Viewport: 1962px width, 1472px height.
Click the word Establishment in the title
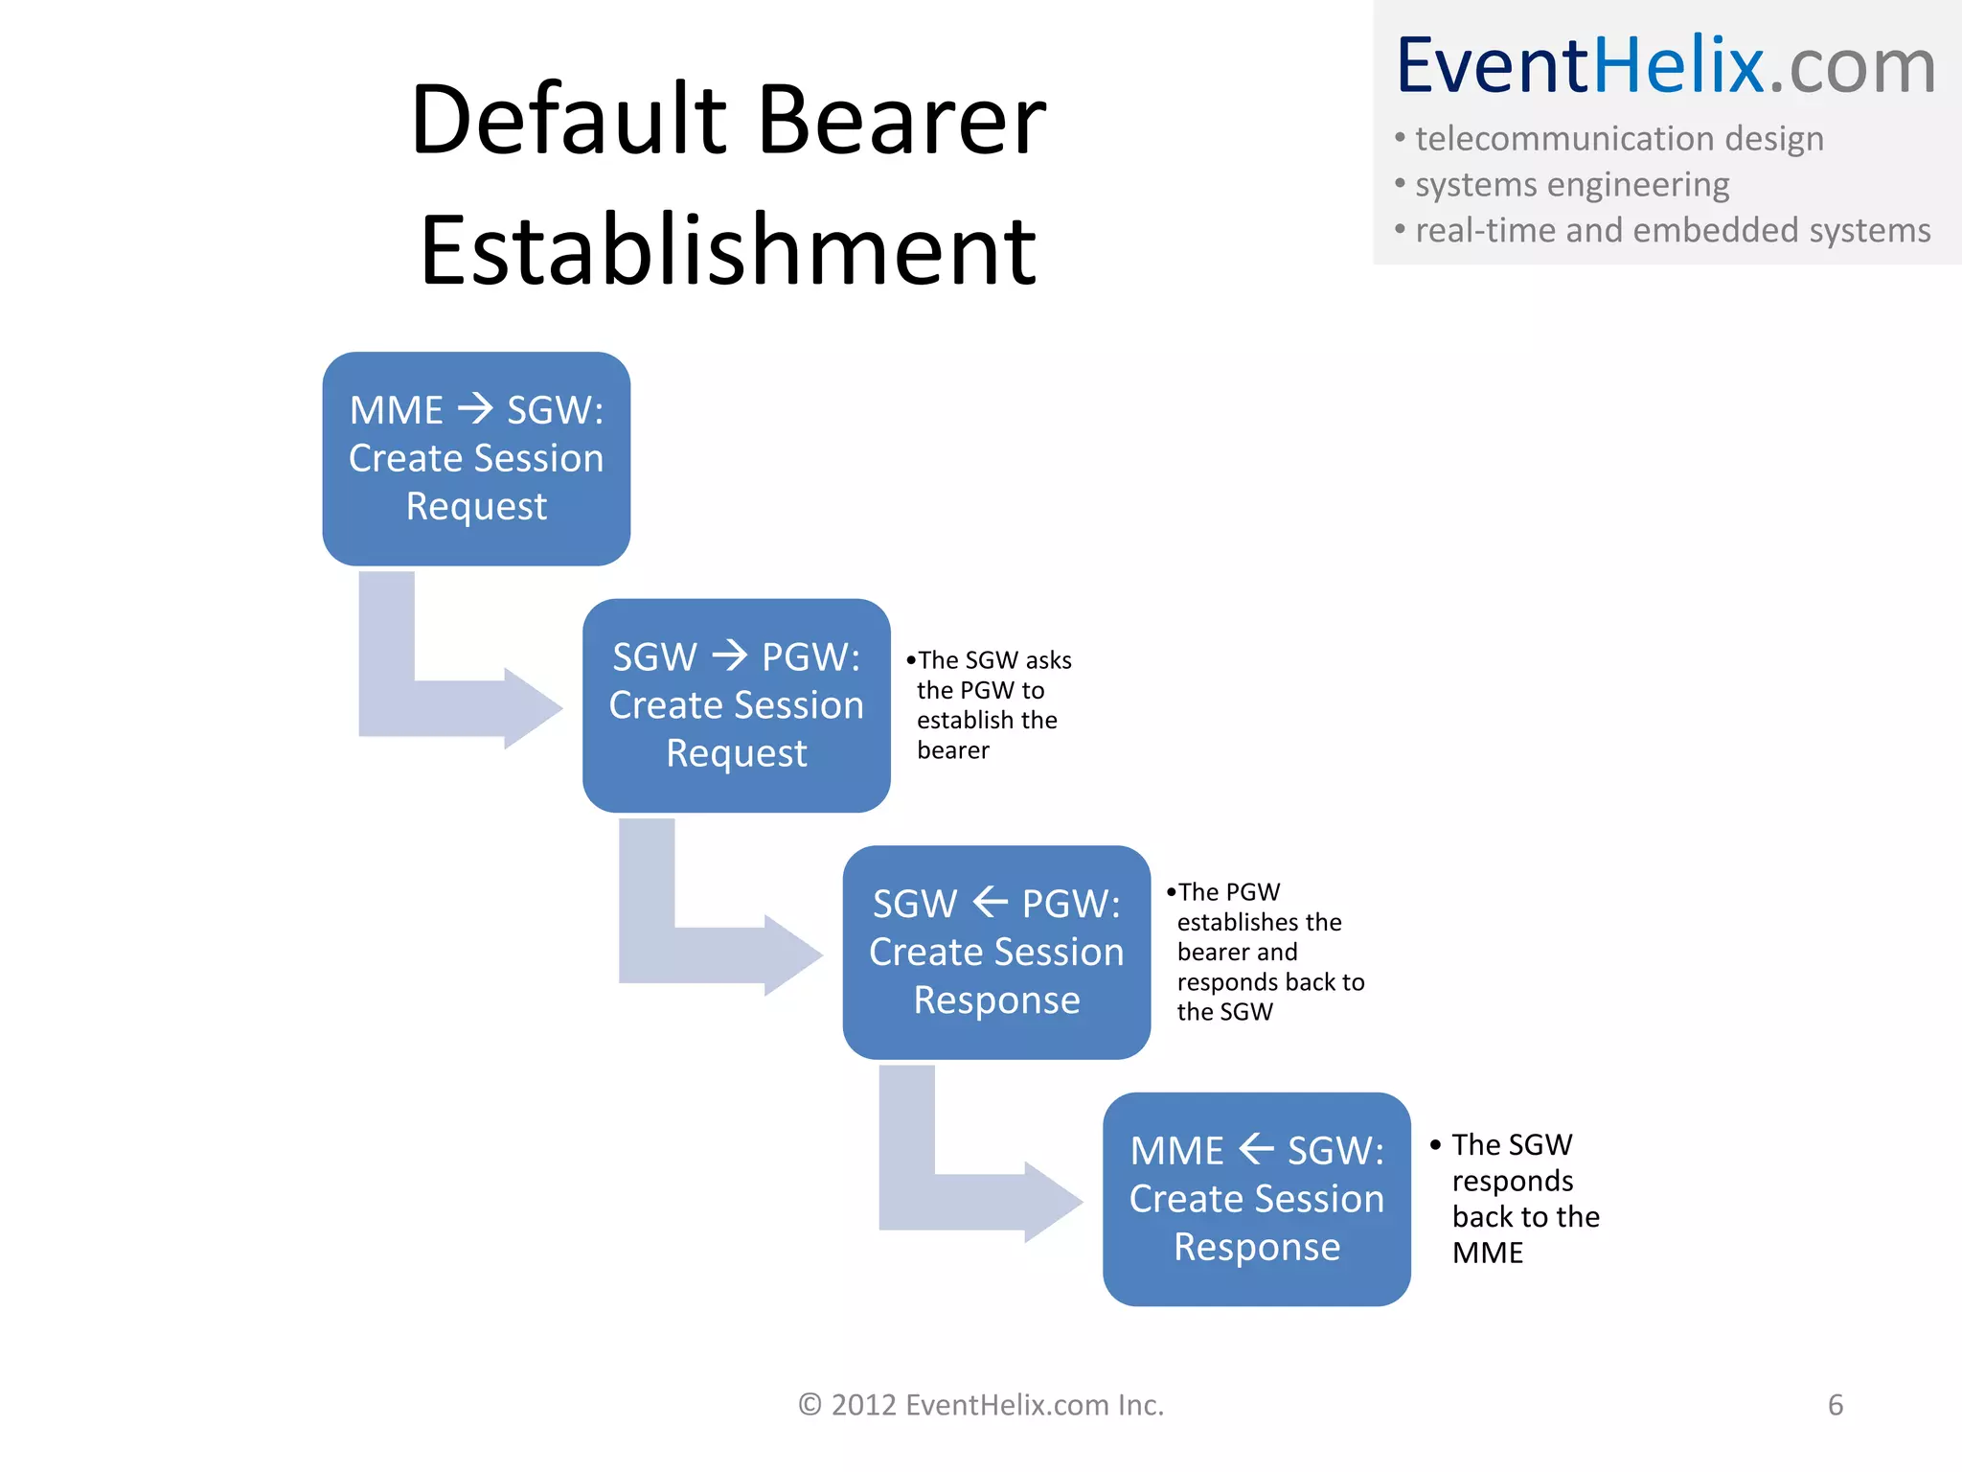(728, 251)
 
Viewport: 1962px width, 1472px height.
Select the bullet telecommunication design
(1618, 139)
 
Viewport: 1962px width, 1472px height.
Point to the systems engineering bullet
(1571, 184)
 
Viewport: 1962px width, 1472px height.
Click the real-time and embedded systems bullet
(1672, 230)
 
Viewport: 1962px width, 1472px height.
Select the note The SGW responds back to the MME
(1523, 1198)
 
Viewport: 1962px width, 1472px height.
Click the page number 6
(1835, 1405)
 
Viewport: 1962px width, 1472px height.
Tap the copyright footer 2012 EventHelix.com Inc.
(981, 1405)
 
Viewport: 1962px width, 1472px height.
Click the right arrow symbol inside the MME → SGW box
(475, 409)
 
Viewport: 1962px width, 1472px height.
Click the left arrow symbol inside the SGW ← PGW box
(990, 902)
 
